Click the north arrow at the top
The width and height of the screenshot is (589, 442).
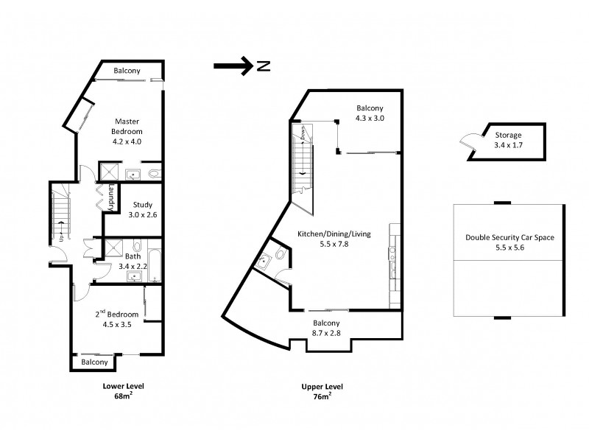233,66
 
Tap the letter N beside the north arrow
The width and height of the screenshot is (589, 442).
264,67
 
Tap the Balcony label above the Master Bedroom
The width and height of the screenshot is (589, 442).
127,71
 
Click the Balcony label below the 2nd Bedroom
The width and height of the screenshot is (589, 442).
95,362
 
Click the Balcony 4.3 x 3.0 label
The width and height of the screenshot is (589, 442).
370,112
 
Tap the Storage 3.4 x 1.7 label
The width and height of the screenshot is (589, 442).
508,140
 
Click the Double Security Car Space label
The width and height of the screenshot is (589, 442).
509,242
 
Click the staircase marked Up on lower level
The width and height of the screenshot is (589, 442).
60,217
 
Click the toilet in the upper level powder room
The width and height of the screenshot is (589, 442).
281,254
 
